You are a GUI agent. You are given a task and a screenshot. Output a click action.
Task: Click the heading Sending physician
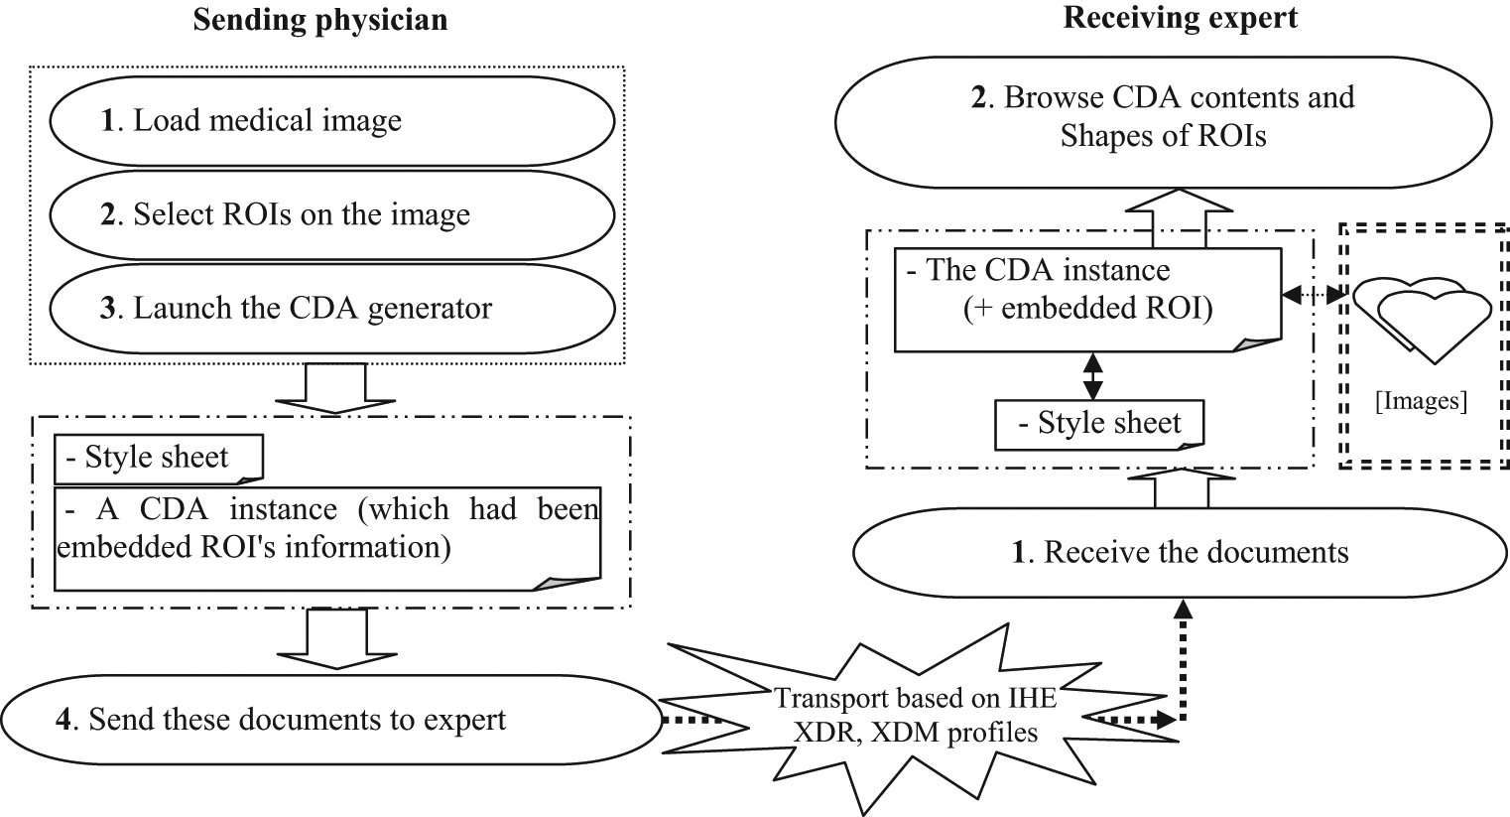(x=319, y=20)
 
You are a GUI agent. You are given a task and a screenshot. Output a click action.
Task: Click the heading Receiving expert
(x=1181, y=18)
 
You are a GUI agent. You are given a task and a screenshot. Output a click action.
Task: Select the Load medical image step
(x=331, y=121)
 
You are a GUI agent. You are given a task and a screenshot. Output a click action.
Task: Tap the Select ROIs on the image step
(x=331, y=214)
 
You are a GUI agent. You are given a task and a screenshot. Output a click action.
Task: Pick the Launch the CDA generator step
(x=331, y=308)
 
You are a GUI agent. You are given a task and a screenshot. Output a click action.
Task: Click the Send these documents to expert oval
(x=331, y=720)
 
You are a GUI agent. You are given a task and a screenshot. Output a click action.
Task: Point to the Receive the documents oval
(x=1181, y=552)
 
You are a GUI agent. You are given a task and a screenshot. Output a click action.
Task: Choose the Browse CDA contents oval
(x=1163, y=116)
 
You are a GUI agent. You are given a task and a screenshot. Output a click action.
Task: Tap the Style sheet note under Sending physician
(x=159, y=458)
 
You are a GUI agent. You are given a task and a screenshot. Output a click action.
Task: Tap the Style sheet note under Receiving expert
(x=1099, y=424)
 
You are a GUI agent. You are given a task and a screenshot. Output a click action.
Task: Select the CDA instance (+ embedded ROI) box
(x=1086, y=298)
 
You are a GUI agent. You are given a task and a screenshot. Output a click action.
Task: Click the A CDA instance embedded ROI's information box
(x=327, y=531)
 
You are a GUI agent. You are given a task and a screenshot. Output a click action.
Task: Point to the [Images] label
(x=1421, y=401)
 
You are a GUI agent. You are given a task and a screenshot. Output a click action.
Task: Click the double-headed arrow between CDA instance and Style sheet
(x=1092, y=375)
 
